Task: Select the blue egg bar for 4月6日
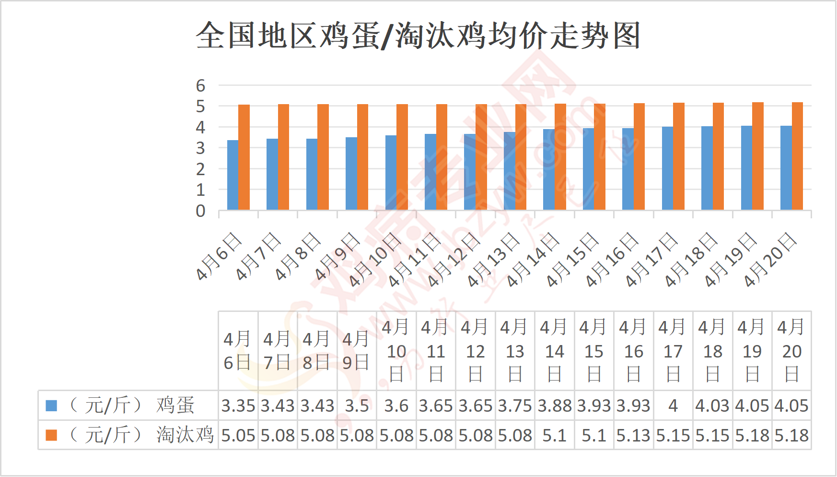click(232, 175)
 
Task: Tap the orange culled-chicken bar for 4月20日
click(797, 156)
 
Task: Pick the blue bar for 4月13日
click(509, 171)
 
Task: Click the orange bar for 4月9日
click(362, 157)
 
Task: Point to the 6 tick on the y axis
click(200, 86)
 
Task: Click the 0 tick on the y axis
click(200, 211)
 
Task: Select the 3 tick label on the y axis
click(200, 149)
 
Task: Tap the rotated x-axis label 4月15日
click(573, 260)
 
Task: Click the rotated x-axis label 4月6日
click(219, 256)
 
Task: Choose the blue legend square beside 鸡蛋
click(51, 406)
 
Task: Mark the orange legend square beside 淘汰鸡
click(51, 435)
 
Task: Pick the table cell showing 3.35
click(238, 406)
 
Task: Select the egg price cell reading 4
click(673, 406)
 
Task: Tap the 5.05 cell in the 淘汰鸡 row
click(238, 435)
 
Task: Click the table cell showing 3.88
click(555, 406)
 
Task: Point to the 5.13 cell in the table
click(634, 435)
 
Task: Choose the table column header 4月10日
click(396, 351)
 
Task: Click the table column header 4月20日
click(791, 351)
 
